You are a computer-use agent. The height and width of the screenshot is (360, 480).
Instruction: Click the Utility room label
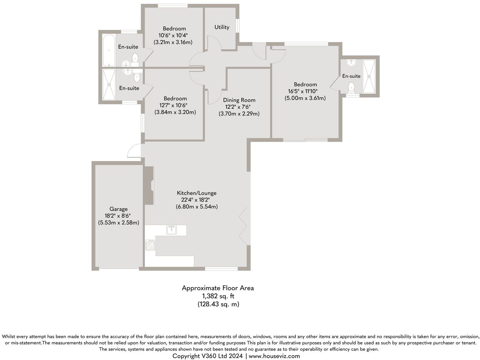[x=222, y=27]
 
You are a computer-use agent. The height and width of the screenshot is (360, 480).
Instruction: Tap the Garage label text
[x=119, y=209]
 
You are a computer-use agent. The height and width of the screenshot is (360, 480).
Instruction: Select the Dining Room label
[x=239, y=100]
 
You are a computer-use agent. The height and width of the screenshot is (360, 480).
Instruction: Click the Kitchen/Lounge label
[x=196, y=193]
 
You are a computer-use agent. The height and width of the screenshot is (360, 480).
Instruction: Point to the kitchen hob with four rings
[x=150, y=245]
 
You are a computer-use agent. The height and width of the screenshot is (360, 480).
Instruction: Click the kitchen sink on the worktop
[x=171, y=230]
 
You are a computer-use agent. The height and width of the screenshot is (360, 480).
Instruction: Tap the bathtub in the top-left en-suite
[x=109, y=50]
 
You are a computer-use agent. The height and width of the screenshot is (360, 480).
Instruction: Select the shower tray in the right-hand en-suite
[x=369, y=76]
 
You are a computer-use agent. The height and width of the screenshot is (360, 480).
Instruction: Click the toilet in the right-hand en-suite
[x=351, y=87]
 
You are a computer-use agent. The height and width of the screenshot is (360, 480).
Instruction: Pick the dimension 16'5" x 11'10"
[x=303, y=91]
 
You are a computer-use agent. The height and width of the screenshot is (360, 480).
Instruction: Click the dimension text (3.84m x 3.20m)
[x=175, y=112]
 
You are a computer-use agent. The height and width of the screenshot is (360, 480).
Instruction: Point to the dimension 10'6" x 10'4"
[x=173, y=35]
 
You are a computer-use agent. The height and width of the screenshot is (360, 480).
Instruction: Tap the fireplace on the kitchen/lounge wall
[x=149, y=185]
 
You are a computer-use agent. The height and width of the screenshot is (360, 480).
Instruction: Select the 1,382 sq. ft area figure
[x=218, y=296]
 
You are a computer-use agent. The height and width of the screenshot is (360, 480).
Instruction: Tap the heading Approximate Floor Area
[x=218, y=288]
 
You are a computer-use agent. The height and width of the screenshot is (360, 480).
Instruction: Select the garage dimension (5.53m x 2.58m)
[x=119, y=223]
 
